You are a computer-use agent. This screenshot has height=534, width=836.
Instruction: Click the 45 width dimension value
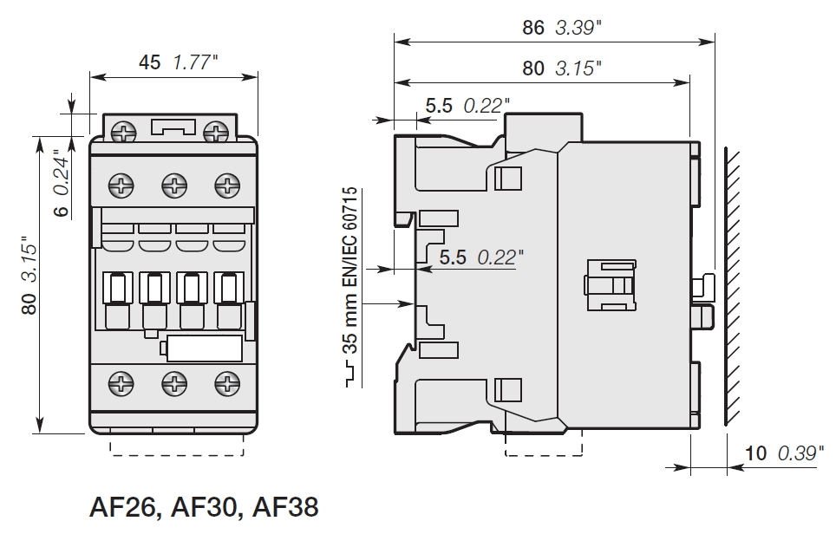[x=149, y=62]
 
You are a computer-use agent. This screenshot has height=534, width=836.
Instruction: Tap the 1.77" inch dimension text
[x=196, y=62]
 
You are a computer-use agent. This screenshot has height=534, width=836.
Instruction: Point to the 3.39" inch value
[x=577, y=27]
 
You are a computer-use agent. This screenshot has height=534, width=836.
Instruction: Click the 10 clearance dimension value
[x=755, y=453]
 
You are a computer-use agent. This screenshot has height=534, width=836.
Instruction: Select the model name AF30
[x=205, y=506]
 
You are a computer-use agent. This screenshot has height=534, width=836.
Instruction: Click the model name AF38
[x=283, y=506]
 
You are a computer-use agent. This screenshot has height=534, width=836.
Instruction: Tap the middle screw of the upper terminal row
[x=175, y=185]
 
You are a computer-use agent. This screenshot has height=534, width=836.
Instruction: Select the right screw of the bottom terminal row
[x=226, y=381]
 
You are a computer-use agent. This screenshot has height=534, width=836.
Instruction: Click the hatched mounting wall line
[x=734, y=286]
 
